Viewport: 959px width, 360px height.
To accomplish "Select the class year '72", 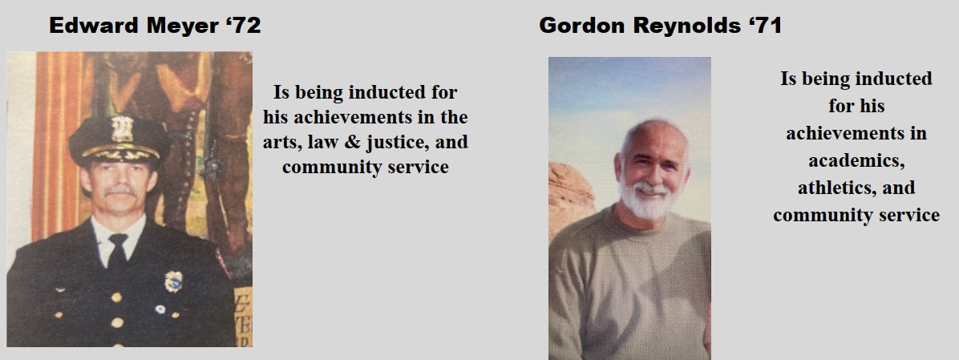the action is pyautogui.click(x=242, y=26).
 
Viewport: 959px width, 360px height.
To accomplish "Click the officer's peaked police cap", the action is pyautogui.click(x=119, y=140).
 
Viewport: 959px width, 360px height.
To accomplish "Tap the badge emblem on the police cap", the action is pyautogui.click(x=122, y=128).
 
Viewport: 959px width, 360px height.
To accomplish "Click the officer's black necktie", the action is pyautogui.click(x=117, y=251).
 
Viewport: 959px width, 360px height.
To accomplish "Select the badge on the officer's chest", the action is pyautogui.click(x=173, y=281).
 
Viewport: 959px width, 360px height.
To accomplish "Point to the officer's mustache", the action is pyautogui.click(x=119, y=191).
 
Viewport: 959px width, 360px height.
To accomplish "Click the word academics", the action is pyautogui.click(x=856, y=160).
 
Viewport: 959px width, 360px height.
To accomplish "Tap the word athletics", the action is pyautogui.click(x=834, y=188).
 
